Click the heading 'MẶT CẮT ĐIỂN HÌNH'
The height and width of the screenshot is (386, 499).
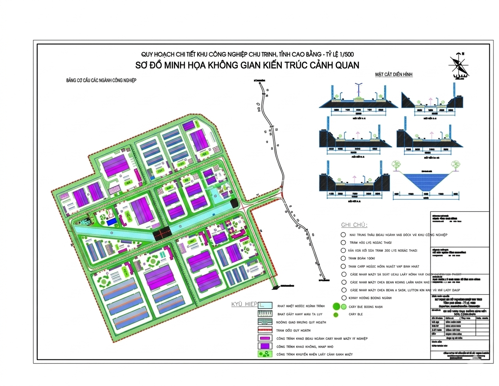click(394, 74)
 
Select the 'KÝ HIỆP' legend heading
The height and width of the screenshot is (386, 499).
click(244, 304)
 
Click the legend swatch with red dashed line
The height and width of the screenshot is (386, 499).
click(267, 330)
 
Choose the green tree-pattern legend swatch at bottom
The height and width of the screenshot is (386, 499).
click(267, 354)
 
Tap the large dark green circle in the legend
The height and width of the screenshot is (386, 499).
click(337, 306)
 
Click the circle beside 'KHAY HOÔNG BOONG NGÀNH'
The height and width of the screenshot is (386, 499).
click(344, 298)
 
